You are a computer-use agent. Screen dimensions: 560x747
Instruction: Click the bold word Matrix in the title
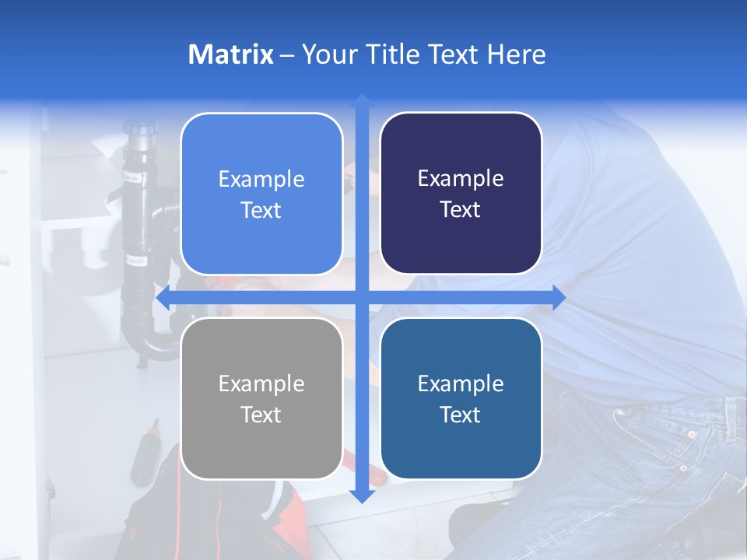231,54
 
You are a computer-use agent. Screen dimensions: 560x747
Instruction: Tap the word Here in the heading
516,54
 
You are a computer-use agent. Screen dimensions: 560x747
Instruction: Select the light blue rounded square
261,194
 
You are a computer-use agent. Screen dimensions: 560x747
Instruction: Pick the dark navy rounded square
461,194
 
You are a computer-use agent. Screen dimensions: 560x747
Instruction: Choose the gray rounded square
261,398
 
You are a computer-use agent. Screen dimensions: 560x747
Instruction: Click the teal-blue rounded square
461,398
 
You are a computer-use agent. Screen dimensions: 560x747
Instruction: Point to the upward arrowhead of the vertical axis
362,101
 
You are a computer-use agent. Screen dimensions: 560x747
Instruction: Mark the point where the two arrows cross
362,297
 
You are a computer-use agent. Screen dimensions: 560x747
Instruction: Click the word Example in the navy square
461,178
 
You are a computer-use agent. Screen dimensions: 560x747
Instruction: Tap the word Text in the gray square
261,415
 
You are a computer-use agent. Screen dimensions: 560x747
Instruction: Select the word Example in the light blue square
261,179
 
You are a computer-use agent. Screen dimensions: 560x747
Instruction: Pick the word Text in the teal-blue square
461,415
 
